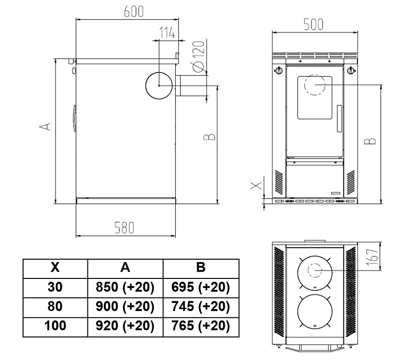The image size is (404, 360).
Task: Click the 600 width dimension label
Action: pyautogui.click(x=134, y=12)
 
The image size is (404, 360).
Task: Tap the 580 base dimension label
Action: pyautogui.click(x=124, y=228)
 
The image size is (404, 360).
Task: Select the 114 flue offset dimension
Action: pyautogui.click(x=167, y=33)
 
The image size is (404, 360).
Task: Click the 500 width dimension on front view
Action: pyautogui.click(x=313, y=25)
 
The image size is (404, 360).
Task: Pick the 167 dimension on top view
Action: pyautogui.click(x=372, y=257)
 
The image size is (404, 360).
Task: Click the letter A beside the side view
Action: pyautogui.click(x=45, y=126)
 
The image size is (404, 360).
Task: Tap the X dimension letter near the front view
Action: pyautogui.click(x=256, y=185)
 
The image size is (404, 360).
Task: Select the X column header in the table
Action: pyautogui.click(x=55, y=267)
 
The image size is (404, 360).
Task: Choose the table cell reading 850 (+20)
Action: pyautogui.click(x=125, y=288)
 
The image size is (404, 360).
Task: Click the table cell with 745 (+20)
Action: pyautogui.click(x=201, y=307)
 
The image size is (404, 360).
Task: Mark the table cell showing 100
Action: pyautogui.click(x=55, y=326)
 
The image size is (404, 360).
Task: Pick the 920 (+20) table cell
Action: pyautogui.click(x=125, y=326)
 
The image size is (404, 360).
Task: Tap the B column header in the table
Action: pyautogui.click(x=201, y=267)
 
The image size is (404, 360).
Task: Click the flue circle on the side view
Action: pyautogui.click(x=159, y=85)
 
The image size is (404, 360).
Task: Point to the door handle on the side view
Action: pyautogui.click(x=74, y=119)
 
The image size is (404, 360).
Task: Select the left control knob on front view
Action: pyautogui.click(x=279, y=70)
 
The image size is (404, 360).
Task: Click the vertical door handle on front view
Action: pyautogui.click(x=339, y=119)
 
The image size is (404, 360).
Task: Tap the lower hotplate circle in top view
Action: pyautogui.click(x=315, y=312)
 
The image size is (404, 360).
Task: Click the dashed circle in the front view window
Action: pyautogui.click(x=315, y=85)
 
